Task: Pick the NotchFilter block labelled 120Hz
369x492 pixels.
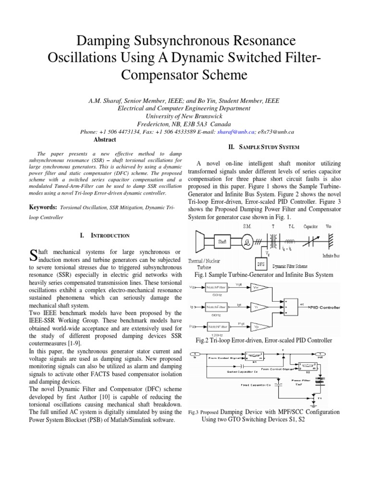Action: (217, 326)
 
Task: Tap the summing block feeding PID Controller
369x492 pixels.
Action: (292, 306)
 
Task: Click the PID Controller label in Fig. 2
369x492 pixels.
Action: (325, 306)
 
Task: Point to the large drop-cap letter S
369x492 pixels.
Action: (34, 255)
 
